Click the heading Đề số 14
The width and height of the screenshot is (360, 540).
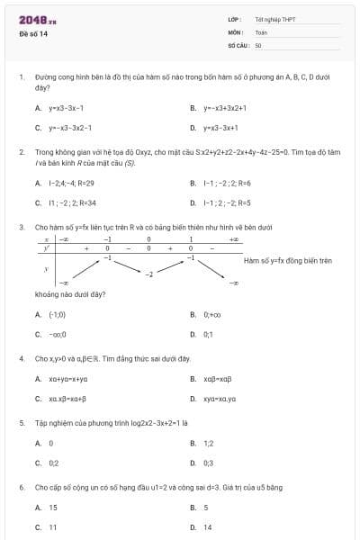pos(33,33)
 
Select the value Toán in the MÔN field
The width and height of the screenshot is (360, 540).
pos(261,31)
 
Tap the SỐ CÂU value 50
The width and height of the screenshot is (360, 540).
pos(258,44)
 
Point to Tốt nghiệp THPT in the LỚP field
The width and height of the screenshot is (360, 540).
pos(274,19)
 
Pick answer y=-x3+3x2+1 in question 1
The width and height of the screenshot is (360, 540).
pos(224,108)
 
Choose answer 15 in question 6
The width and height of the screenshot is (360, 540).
pos(53,507)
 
